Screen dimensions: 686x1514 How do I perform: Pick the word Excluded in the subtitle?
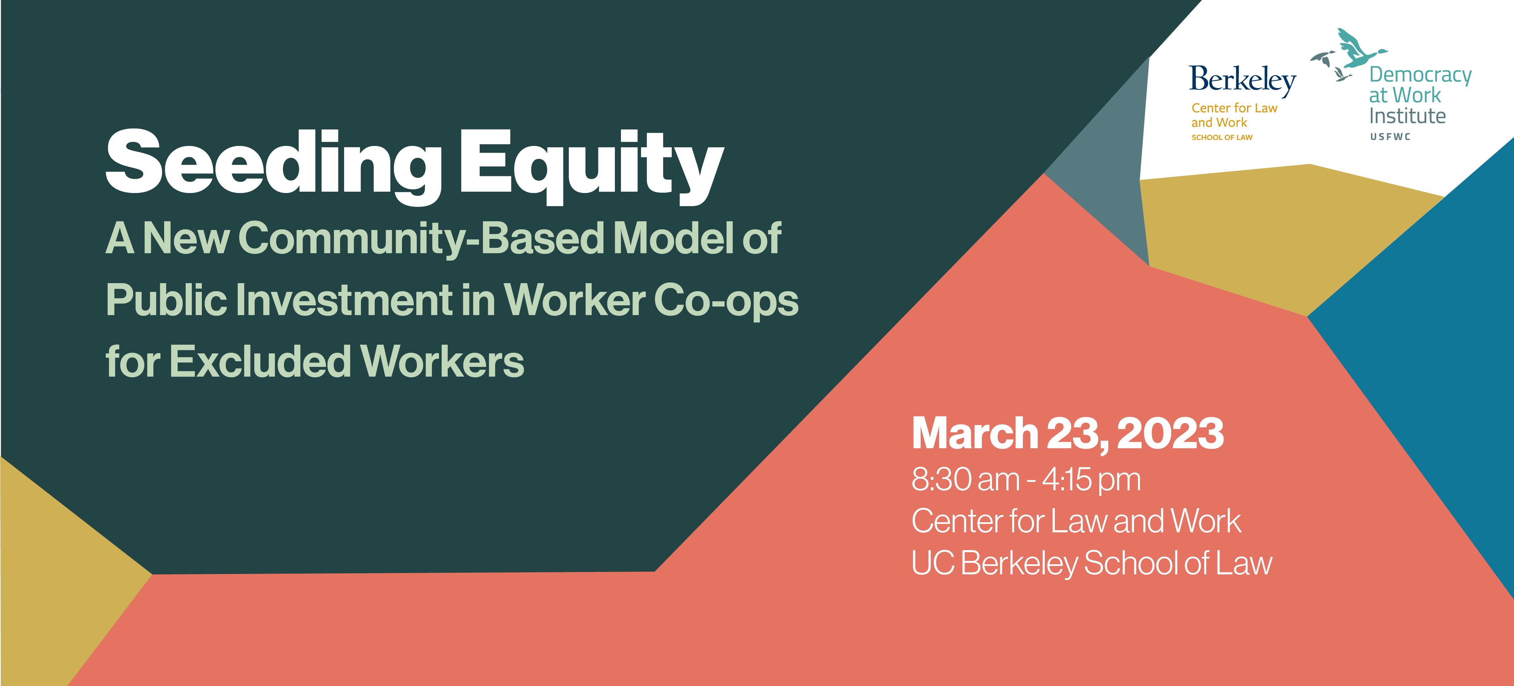click(x=260, y=361)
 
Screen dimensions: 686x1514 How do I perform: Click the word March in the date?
click(x=975, y=433)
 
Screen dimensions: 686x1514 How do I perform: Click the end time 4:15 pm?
click(x=1092, y=480)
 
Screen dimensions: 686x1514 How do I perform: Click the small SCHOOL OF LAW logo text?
click(x=1222, y=138)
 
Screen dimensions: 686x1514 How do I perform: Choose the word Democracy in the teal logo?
click(x=1420, y=75)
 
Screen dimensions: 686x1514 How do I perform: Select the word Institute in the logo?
click(x=1407, y=116)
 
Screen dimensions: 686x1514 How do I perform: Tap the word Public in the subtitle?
click(x=166, y=300)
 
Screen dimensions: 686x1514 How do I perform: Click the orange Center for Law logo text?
click(x=1234, y=108)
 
